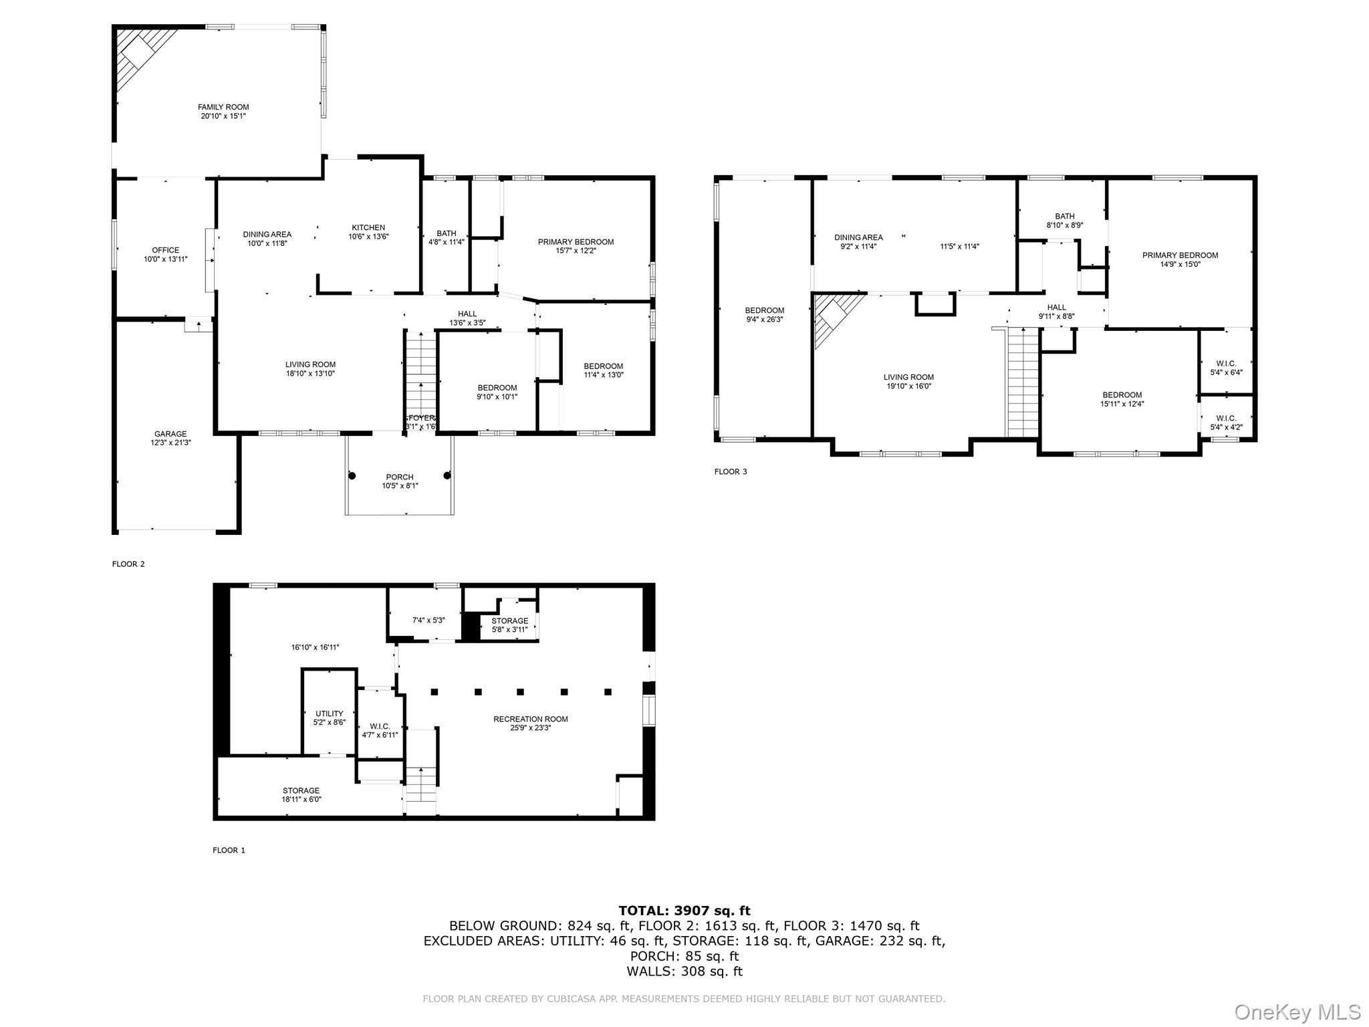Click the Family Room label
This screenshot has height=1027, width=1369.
tap(223, 107)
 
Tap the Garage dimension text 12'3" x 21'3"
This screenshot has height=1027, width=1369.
tap(170, 443)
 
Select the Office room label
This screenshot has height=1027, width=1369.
tap(165, 250)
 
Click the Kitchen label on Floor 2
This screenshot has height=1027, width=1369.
tap(368, 227)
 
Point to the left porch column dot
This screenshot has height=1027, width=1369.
tap(352, 475)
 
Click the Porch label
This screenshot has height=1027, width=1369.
tap(399, 477)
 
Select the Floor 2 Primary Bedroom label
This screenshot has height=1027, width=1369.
tap(576, 241)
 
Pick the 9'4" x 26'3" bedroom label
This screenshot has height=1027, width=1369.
tap(764, 319)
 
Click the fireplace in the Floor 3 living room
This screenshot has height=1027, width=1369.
tap(834, 318)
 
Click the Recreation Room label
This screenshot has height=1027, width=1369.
tap(531, 719)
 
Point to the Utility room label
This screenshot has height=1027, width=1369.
tap(329, 713)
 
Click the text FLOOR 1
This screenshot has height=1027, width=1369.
tap(229, 850)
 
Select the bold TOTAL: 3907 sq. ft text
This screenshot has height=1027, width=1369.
tap(684, 910)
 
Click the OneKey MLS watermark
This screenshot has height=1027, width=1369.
tap(1297, 1012)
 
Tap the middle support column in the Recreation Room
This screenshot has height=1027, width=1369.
tap(521, 692)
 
